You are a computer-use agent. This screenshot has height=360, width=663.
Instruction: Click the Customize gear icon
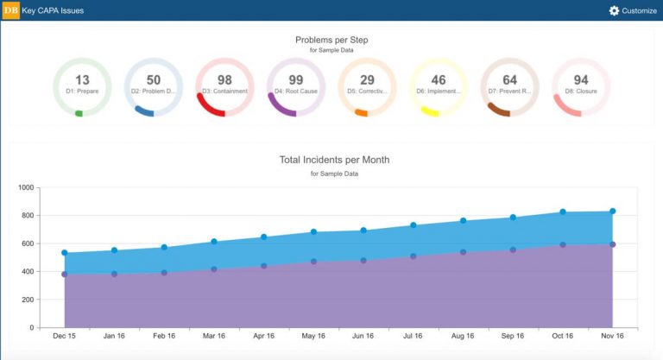(x=614, y=10)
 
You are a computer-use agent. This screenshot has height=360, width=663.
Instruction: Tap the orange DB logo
(x=10, y=10)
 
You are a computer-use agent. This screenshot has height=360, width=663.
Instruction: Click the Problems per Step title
(x=331, y=40)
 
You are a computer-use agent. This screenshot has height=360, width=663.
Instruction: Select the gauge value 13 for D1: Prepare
(x=82, y=80)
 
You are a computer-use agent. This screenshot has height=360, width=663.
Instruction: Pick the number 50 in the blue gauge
(x=154, y=80)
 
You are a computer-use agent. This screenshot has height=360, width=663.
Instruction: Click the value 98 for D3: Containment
(x=224, y=80)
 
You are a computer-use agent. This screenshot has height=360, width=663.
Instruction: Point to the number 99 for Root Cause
(x=296, y=80)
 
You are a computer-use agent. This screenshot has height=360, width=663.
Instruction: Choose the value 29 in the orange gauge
(x=367, y=80)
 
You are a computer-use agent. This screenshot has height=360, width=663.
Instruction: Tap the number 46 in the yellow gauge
(x=439, y=80)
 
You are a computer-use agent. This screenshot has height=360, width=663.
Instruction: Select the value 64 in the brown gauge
(x=509, y=80)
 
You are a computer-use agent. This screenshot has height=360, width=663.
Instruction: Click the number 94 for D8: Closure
(x=581, y=80)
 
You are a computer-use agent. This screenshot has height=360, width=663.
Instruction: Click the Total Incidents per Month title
(x=333, y=160)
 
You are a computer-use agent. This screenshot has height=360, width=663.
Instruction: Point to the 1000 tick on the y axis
(x=24, y=187)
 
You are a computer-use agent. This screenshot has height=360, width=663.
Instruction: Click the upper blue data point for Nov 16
(x=612, y=212)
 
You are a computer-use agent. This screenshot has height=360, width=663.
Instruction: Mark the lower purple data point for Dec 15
(x=65, y=275)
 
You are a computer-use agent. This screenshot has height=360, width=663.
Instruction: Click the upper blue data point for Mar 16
(x=214, y=242)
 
